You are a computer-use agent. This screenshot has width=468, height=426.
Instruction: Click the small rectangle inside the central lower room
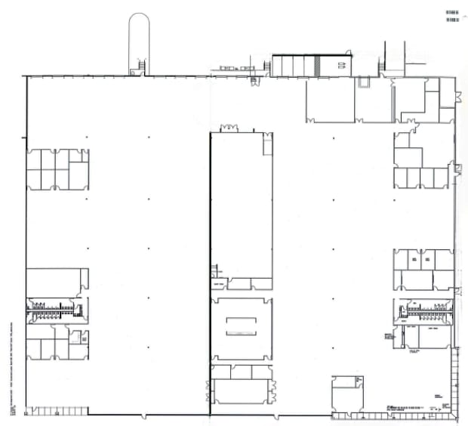tap(242, 326)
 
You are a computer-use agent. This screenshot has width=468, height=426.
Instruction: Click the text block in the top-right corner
tap(453, 17)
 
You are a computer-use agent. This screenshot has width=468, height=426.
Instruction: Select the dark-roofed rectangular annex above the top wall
tap(311, 65)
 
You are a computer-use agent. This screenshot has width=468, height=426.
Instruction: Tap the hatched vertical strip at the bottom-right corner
tap(454, 381)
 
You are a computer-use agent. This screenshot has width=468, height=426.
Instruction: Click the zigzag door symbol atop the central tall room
tap(229, 128)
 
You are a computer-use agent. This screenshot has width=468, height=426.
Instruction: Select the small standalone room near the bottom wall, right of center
tap(348, 394)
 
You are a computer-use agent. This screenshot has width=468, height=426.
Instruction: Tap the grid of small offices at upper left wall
tap(57, 168)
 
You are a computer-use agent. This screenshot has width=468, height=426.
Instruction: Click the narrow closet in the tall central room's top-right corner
tap(268, 144)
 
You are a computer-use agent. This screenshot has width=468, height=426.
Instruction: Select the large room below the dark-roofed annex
tap(330, 100)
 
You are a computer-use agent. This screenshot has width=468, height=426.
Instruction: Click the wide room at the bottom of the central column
tap(242, 391)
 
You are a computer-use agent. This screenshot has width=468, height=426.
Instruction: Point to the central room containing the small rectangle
tap(242, 329)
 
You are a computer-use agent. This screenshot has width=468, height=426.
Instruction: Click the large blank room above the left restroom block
tap(54, 281)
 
